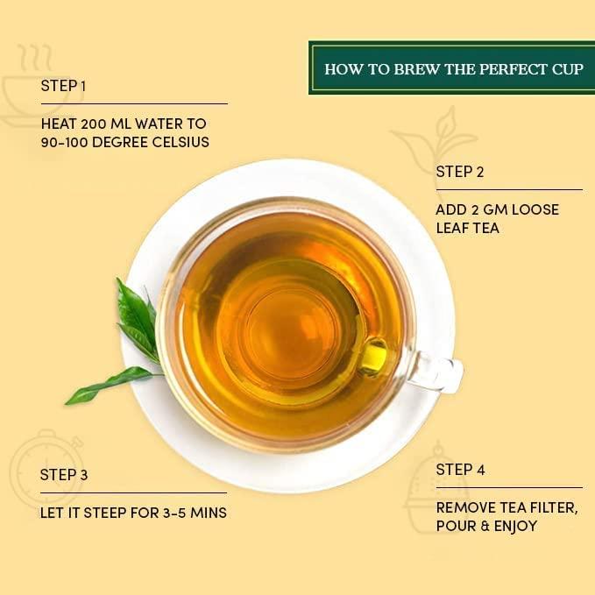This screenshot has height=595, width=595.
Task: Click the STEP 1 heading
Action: pyautogui.click(x=63, y=86)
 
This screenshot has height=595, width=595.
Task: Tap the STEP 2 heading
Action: pyautogui.click(x=459, y=173)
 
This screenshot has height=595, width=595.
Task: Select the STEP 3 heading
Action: pyautogui.click(x=64, y=475)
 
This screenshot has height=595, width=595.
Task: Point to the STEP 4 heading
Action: pyautogui.click(x=460, y=471)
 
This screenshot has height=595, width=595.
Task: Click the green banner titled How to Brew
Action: pyautogui.click(x=451, y=68)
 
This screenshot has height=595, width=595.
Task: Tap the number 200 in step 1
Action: pyautogui.click(x=94, y=123)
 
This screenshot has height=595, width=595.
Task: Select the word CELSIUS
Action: pyautogui.click(x=179, y=142)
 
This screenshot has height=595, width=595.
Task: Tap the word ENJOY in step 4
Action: pyautogui.click(x=512, y=526)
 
